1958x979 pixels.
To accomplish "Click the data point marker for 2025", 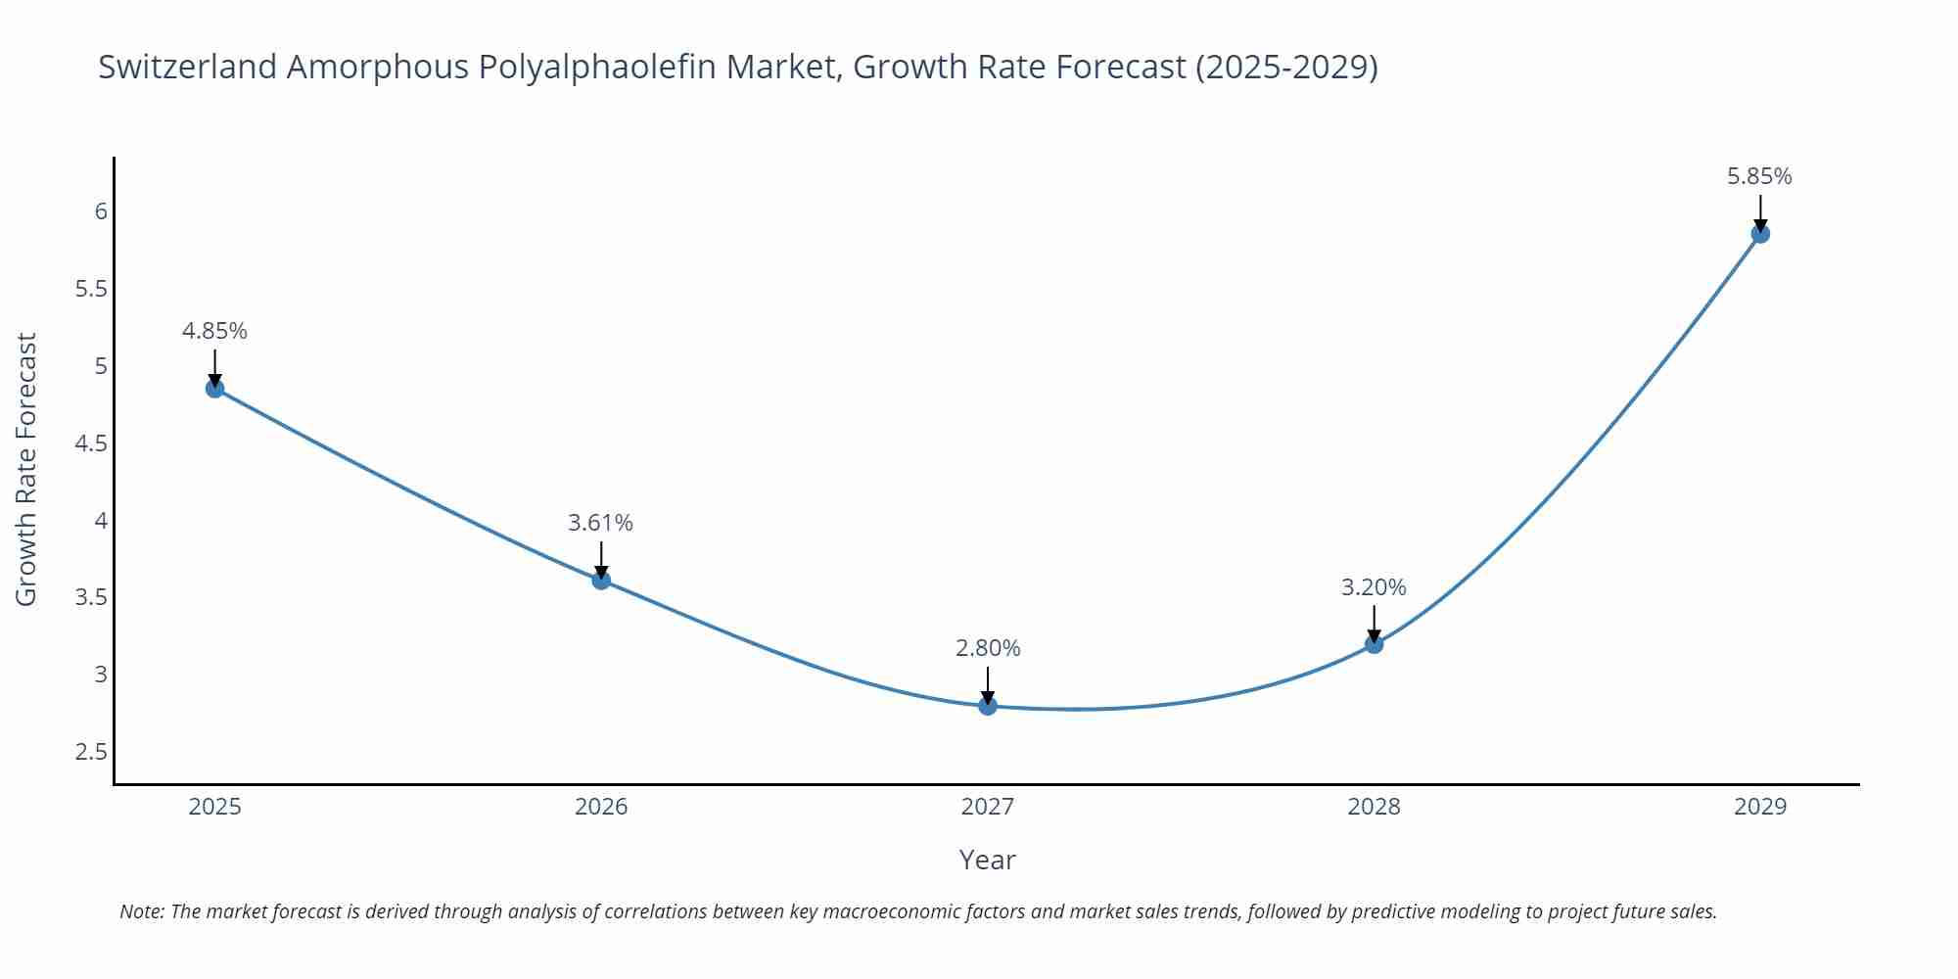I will [214, 389].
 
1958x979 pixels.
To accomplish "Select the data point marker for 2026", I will [601, 580].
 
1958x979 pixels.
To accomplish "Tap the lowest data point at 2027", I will [988, 705].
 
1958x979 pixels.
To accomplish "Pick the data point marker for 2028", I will [1374, 643].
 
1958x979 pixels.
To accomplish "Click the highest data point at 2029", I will [1760, 234].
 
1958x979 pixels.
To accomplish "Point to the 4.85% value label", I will [214, 331].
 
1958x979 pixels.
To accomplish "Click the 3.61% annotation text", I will [601, 523].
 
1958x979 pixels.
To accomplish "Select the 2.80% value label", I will [988, 648].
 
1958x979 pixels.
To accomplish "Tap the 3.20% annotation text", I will [1374, 587].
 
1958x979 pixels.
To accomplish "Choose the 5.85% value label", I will [1759, 176].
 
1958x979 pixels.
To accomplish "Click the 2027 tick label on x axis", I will [988, 807].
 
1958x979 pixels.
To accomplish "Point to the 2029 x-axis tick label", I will [1760, 807].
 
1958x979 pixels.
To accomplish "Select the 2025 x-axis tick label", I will [214, 807].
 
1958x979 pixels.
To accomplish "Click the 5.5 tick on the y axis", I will [91, 289].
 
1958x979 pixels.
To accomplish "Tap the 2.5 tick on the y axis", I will [91, 752].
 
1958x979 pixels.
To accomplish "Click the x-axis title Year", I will [987, 860].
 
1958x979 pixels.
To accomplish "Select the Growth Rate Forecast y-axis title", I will [26, 469].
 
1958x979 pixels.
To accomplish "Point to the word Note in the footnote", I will [141, 911].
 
